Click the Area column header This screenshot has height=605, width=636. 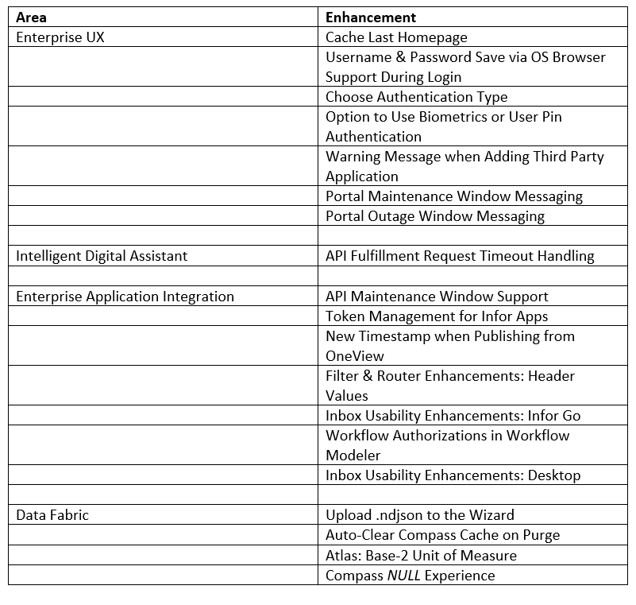(31, 17)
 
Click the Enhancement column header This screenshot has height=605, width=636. (371, 17)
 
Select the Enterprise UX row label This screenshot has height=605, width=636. (60, 37)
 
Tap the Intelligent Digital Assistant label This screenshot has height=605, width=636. (102, 256)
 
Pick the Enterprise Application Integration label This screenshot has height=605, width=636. (125, 297)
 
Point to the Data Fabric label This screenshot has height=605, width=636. (52, 515)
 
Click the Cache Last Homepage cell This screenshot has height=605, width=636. (396, 37)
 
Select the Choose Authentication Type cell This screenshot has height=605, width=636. (416, 97)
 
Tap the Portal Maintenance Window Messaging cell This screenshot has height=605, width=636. (453, 196)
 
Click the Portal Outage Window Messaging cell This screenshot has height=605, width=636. (434, 216)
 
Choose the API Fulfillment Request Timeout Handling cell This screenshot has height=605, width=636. (460, 256)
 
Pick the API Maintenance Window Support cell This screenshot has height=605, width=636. (437, 297)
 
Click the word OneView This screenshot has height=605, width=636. (355, 356)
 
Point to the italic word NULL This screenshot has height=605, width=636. (403, 576)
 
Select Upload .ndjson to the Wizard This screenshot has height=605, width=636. (419, 515)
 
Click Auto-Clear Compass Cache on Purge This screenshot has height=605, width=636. (442, 535)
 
